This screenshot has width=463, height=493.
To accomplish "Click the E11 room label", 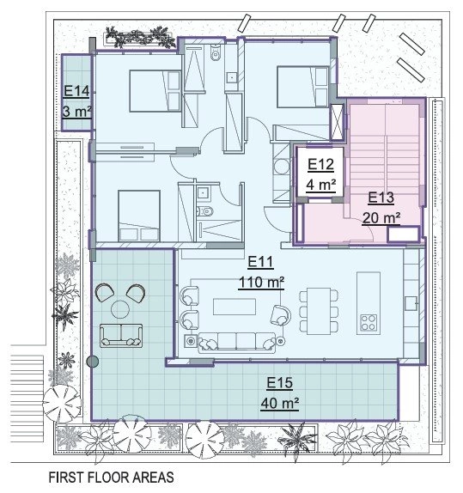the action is (x=260, y=262).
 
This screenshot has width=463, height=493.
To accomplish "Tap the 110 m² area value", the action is (x=262, y=282).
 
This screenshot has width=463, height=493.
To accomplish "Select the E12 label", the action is (x=320, y=165).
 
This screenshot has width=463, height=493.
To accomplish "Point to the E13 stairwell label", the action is (x=381, y=198).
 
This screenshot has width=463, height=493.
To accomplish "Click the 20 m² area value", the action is (x=381, y=218).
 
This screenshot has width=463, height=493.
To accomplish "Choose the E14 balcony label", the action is (x=76, y=92).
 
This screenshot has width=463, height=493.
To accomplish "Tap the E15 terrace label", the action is (x=280, y=383).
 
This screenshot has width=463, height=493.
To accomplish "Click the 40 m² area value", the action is (x=280, y=403).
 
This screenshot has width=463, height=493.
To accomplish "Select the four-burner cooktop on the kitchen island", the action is (x=369, y=322).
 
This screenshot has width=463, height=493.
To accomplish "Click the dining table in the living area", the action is (x=319, y=311).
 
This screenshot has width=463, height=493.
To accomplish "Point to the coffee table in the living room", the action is (x=235, y=307).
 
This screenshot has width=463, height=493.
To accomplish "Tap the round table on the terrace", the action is (x=120, y=309).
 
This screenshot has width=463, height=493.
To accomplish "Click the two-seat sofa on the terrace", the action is (x=121, y=336).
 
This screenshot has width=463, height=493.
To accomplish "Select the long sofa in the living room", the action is (x=236, y=342).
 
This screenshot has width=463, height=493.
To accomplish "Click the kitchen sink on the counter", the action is (x=411, y=304).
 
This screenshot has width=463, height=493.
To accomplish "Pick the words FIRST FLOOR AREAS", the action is (x=112, y=478).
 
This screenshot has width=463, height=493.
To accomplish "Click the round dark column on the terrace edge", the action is (x=92, y=362).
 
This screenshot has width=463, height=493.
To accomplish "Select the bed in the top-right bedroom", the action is (x=303, y=87).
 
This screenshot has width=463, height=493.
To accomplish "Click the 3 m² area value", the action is (x=77, y=112).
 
